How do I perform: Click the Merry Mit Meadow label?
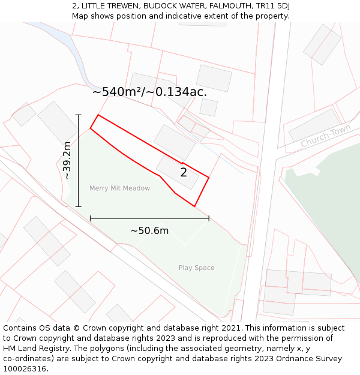click(x=119, y=188)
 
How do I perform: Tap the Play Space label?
click(x=196, y=268)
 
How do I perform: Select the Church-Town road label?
click(x=326, y=136)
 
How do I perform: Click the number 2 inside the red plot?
click(x=184, y=173)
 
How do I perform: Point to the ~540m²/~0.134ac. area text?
click(x=149, y=92)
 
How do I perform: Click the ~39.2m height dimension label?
click(x=67, y=160)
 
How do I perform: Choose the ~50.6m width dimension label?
click(x=149, y=230)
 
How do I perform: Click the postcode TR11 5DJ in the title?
click(x=268, y=6)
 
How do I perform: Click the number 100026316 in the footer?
click(x=25, y=369)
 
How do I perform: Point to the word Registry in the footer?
click(x=50, y=349)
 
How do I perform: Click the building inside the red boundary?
click(x=178, y=172)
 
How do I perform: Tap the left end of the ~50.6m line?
click(x=90, y=218)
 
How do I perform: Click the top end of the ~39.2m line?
click(x=78, y=115)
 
